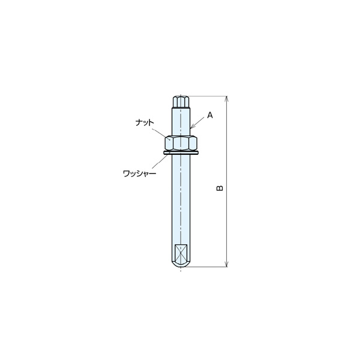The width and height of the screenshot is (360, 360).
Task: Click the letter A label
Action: [x=210, y=115]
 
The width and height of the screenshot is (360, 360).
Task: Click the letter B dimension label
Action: [x=220, y=188]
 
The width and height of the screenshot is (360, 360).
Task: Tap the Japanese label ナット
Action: [x=145, y=122]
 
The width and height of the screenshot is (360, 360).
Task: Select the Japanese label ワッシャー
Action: [x=140, y=173]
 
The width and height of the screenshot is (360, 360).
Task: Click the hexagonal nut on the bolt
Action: [x=181, y=143]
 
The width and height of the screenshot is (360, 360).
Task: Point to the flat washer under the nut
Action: [x=181, y=152]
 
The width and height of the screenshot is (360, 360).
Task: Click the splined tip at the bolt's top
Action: [x=181, y=102]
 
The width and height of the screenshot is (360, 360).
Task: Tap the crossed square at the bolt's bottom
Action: [x=181, y=253]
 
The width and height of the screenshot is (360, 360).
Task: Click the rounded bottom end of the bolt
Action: [x=181, y=265]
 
